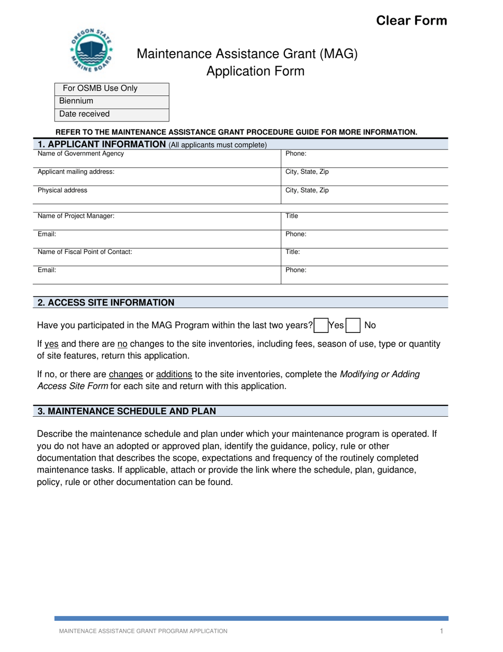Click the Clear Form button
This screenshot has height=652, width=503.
(x=411, y=21)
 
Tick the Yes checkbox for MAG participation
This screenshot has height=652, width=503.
(x=321, y=325)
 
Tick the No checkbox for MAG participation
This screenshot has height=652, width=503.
(x=353, y=325)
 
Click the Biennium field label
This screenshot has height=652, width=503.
(x=76, y=101)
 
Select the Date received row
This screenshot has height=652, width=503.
(x=111, y=114)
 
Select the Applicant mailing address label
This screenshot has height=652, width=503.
(x=76, y=172)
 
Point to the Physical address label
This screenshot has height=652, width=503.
(x=62, y=190)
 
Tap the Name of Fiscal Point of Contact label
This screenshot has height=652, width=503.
(x=85, y=252)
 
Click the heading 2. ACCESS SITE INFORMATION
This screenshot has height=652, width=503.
(x=106, y=303)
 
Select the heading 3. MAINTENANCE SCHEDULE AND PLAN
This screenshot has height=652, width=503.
(x=127, y=411)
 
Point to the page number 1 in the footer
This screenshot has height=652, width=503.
(x=441, y=631)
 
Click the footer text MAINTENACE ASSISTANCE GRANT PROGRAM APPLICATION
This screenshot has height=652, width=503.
(x=143, y=631)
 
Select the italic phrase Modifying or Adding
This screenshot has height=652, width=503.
(x=380, y=374)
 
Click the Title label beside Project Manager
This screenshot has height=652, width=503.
(x=292, y=216)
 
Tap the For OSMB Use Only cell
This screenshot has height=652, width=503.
(x=100, y=89)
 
